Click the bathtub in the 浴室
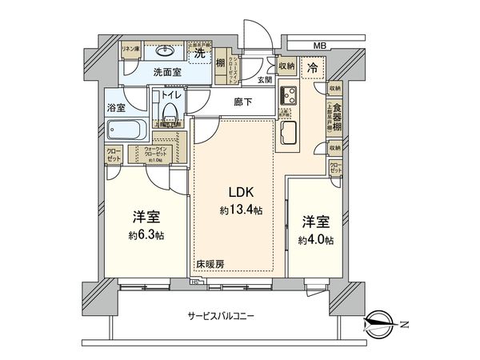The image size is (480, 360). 127,130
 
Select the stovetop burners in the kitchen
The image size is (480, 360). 288,97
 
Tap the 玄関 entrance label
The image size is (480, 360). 265,80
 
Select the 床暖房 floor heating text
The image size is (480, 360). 209,263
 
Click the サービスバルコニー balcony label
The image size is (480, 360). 221,316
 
